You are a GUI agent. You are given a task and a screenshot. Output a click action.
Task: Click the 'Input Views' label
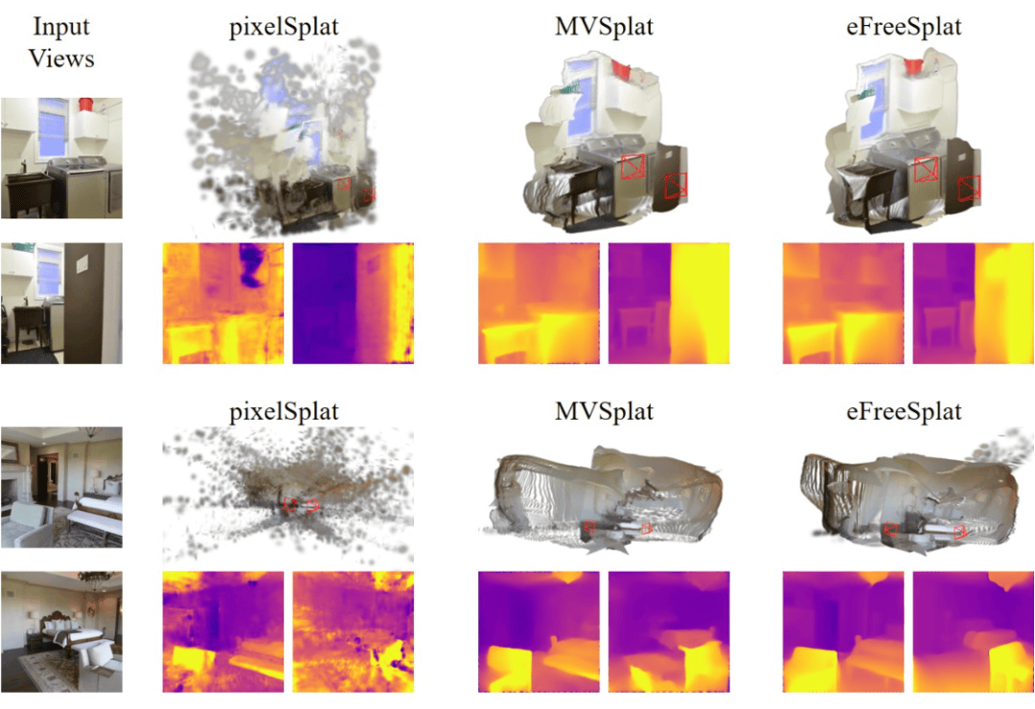click(x=61, y=43)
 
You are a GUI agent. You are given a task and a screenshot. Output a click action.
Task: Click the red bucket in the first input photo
click(x=86, y=103)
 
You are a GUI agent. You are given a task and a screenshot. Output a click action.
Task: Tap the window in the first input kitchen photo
click(x=51, y=128)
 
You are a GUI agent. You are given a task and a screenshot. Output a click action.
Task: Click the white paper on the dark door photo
click(x=83, y=260)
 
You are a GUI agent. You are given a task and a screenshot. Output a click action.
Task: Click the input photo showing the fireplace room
click(x=61, y=486)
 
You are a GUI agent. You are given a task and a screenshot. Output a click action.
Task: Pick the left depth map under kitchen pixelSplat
click(x=223, y=304)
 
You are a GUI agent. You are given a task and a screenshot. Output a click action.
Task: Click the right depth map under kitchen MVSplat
click(x=669, y=304)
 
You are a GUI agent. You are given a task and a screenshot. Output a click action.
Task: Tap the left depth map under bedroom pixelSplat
click(x=223, y=631)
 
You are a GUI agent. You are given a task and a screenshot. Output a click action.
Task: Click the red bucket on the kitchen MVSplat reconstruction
click(x=623, y=69)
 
